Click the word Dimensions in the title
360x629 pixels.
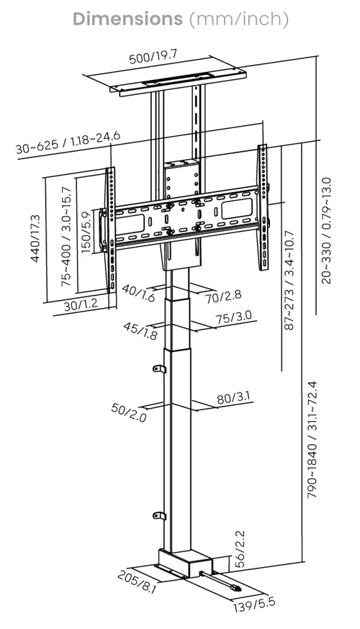coord(127,19)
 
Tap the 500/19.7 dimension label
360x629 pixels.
coord(153,57)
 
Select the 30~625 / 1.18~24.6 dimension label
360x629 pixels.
coord(68,142)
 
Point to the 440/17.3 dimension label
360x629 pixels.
coord(35,239)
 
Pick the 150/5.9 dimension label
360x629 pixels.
coord(86,232)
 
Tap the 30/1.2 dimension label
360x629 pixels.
coord(81,304)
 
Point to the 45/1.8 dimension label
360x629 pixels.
coord(140,331)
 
